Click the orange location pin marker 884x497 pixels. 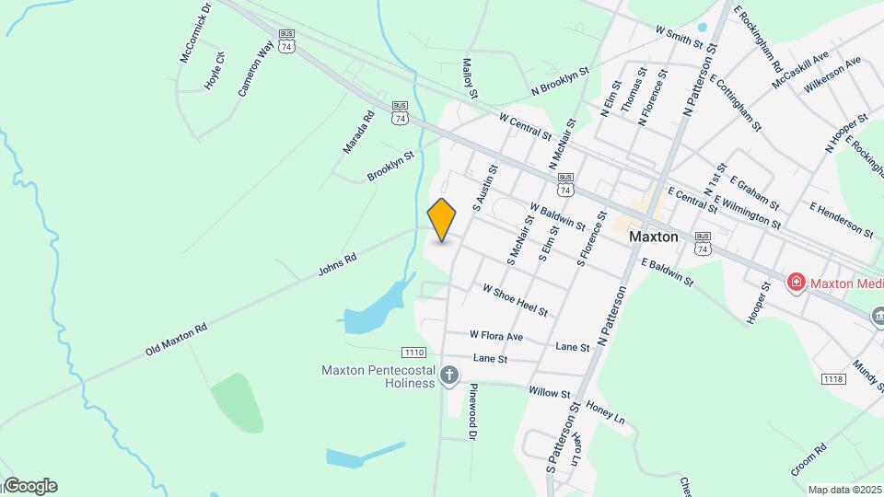coord(442,219)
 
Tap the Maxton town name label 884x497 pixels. coord(654,237)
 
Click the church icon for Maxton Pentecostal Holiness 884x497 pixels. coord(449,375)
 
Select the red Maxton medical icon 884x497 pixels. coord(796,283)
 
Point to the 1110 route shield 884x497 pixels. coord(413,353)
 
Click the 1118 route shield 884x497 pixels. coord(833,379)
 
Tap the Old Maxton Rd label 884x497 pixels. coord(177,340)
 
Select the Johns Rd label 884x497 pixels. coord(336,265)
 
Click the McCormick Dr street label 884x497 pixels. coord(195,32)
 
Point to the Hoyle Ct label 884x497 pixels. coord(215,70)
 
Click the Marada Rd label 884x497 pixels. coord(358,132)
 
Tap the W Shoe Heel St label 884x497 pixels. coord(515,299)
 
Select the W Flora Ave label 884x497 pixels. coord(495,336)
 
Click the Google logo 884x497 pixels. coord(29,486)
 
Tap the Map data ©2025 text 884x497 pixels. coord(845,490)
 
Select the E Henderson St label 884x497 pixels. coord(841,219)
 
